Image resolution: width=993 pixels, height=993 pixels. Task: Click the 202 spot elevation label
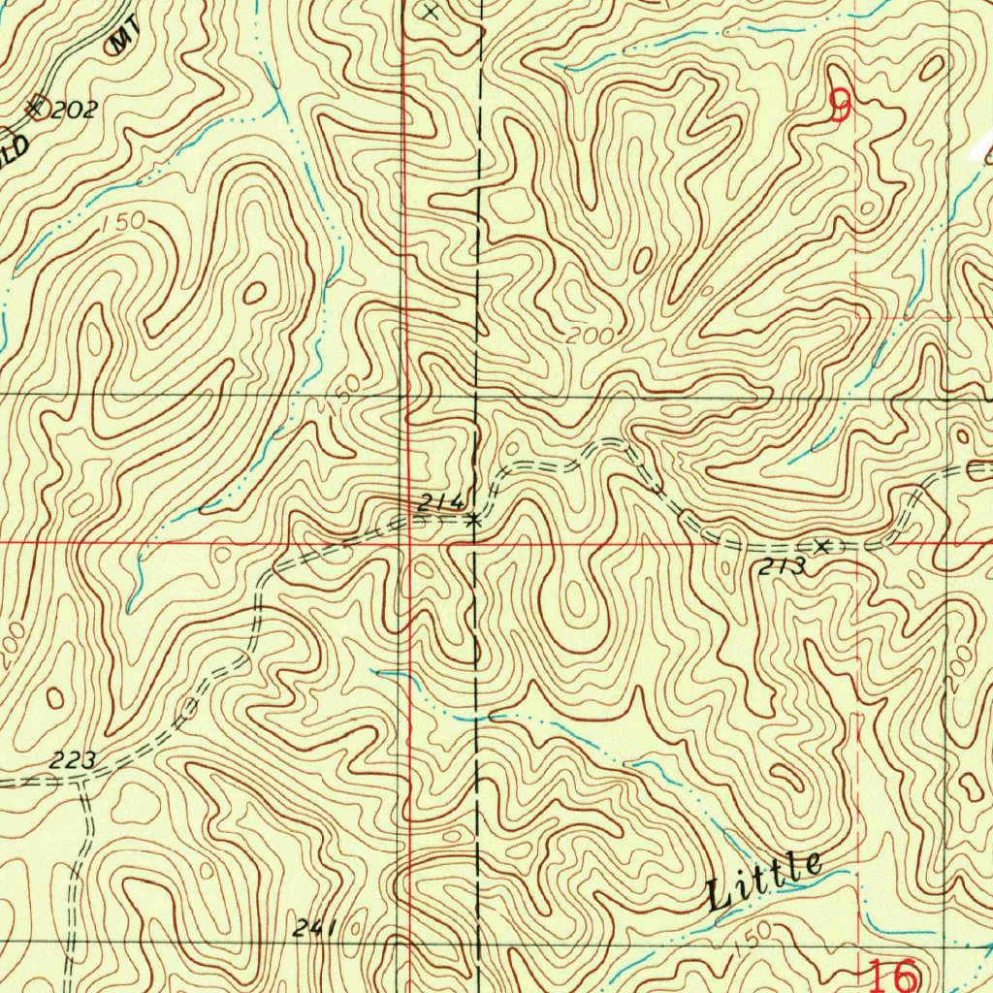[x=74, y=110]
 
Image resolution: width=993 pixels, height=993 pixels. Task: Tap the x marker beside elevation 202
[x=36, y=107]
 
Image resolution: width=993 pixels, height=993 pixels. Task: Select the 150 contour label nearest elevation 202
[x=122, y=222]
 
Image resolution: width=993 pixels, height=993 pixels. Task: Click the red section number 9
[x=841, y=106]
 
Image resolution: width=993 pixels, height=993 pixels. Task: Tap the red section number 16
[x=891, y=975]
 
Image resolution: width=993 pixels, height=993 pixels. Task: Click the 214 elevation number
[x=439, y=502]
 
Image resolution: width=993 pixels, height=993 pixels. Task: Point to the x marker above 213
[x=823, y=546]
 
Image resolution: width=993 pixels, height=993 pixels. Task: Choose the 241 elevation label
[x=314, y=929]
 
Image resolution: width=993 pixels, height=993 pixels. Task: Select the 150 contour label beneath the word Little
[x=754, y=934]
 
